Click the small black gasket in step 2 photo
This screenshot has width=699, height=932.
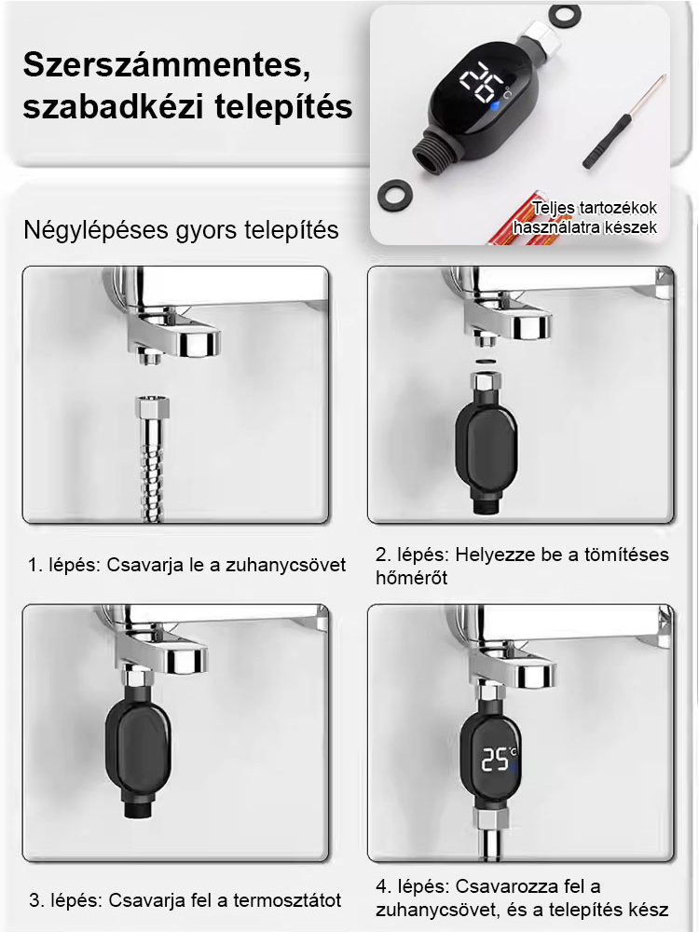(x=484, y=359)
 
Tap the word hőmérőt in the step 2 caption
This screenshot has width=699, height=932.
(x=411, y=579)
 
